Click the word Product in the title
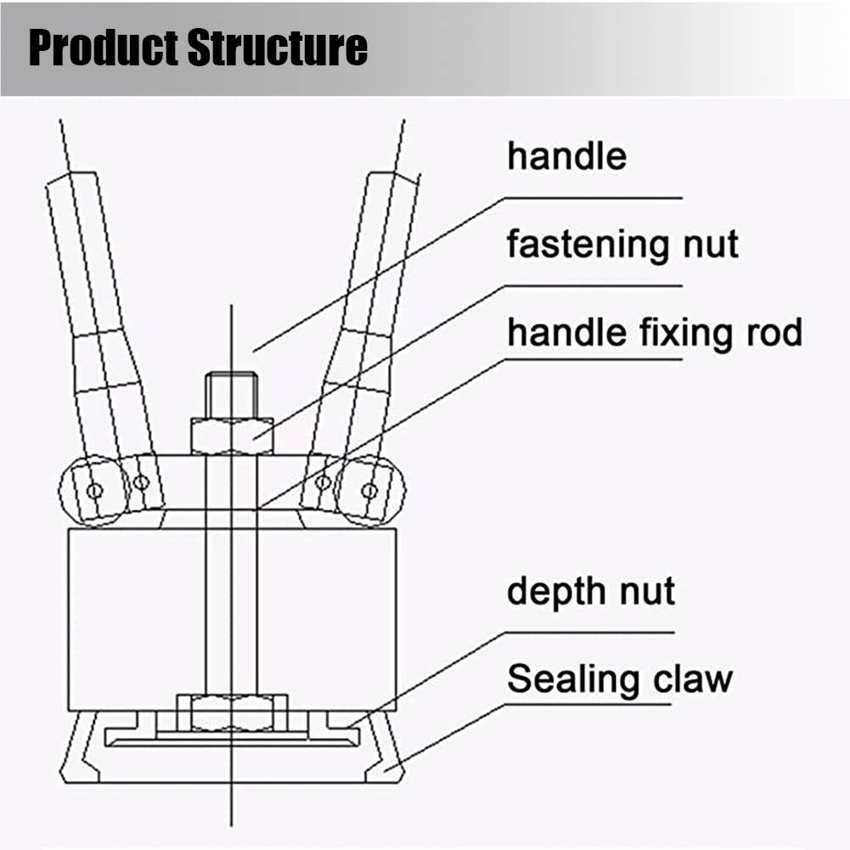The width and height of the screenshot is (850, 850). pyautogui.click(x=103, y=48)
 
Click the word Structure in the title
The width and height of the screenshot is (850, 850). pyautogui.click(x=278, y=48)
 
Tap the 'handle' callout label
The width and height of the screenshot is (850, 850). pyautogui.click(x=566, y=155)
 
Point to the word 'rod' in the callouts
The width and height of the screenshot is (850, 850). pyautogui.click(x=774, y=332)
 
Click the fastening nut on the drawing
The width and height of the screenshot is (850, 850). pyautogui.click(x=232, y=436)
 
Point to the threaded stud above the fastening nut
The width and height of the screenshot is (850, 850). pyautogui.click(x=232, y=395)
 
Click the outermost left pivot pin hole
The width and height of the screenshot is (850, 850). pyautogui.click(x=94, y=491)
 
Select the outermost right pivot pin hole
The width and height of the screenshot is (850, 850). pyautogui.click(x=369, y=491)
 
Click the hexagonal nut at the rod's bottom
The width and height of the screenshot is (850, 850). pyautogui.click(x=232, y=712)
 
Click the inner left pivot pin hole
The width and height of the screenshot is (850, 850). pyautogui.click(x=141, y=482)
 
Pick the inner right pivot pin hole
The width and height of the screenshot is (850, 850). pyautogui.click(x=323, y=482)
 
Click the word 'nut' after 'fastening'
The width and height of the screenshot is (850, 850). pyautogui.click(x=711, y=245)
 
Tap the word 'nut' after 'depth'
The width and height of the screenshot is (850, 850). pyautogui.click(x=647, y=591)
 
